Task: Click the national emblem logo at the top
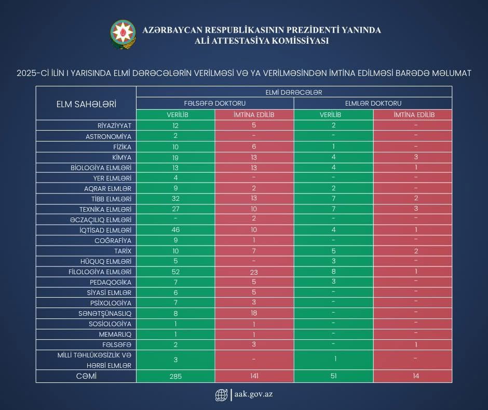[123, 35]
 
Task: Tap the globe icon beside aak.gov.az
[221, 395]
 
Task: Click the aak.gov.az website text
[253, 394]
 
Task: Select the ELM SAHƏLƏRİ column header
[86, 104]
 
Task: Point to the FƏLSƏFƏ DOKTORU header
[215, 104]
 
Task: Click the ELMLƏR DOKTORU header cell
[373, 104]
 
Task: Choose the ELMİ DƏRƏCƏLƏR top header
[293, 92]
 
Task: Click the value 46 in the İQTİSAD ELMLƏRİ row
[175, 230]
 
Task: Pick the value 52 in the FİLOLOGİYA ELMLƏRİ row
[175, 272]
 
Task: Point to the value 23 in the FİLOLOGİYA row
[254, 272]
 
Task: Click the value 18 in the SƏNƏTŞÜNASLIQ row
[254, 313]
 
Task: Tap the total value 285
[175, 376]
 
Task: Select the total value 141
[254, 376]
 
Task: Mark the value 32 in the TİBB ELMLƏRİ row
[175, 199]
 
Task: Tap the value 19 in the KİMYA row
[175, 157]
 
